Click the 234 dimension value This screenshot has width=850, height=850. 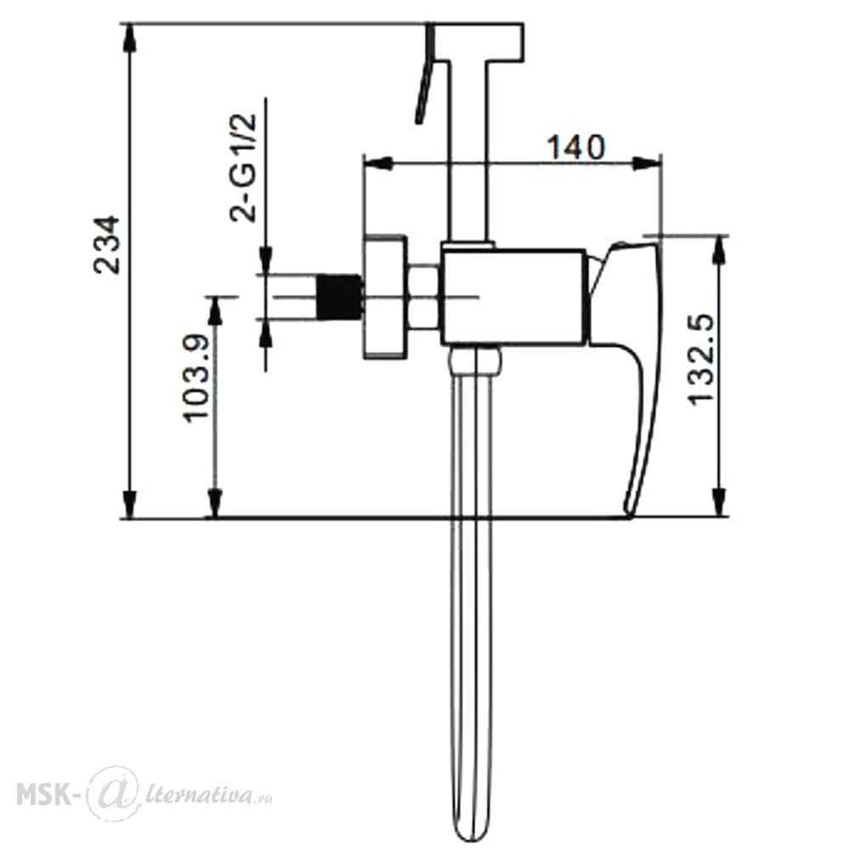pyautogui.click(x=106, y=245)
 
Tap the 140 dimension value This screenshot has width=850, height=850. pyautogui.click(x=575, y=147)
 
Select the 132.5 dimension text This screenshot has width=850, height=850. pyautogui.click(x=700, y=359)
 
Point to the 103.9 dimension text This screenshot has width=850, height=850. pyautogui.click(x=196, y=378)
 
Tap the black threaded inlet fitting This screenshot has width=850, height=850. pyautogui.click(x=339, y=297)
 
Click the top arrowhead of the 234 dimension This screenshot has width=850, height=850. pyautogui.click(x=130, y=38)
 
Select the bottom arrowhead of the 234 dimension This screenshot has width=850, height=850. pyautogui.click(x=130, y=504)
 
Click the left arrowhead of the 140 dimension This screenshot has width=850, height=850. pyautogui.click(x=378, y=162)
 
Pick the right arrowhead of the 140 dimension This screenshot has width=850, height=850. pyautogui.click(x=646, y=162)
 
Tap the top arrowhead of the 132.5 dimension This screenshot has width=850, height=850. pyautogui.click(x=719, y=250)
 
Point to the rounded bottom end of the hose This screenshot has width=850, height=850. pyautogui.click(x=471, y=833)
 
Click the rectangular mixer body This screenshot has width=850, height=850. pyautogui.click(x=513, y=297)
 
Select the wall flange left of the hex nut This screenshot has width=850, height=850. pyautogui.click(x=384, y=297)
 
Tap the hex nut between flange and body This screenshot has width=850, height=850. pyautogui.click(x=423, y=297)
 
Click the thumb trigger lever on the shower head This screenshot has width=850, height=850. pyautogui.click(x=425, y=76)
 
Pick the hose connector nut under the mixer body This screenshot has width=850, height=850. pyautogui.click(x=476, y=360)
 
